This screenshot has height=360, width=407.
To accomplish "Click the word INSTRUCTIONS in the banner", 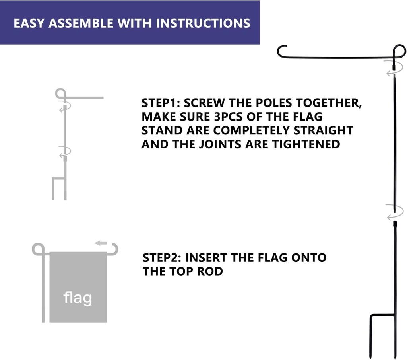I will [203, 23].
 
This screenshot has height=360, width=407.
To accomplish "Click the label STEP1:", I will [161, 103].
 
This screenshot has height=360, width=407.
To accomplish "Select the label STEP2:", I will [162, 258].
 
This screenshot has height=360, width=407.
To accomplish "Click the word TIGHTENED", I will [306, 144].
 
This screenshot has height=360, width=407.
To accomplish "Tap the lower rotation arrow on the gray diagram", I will [65, 152].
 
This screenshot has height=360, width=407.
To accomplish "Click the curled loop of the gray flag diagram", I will [39, 249].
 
